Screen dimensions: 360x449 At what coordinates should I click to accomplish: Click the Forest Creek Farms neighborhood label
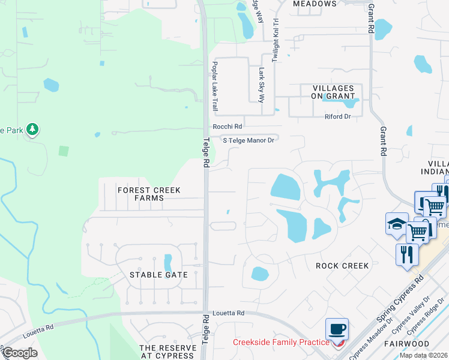point(149,194)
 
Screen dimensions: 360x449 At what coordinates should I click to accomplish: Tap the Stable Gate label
point(159,275)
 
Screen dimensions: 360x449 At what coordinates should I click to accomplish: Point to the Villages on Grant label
point(333,92)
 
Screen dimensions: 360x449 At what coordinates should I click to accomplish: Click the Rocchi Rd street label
point(228,127)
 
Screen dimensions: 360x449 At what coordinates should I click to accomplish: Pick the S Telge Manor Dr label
point(249,140)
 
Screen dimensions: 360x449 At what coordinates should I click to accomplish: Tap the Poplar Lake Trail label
point(214,85)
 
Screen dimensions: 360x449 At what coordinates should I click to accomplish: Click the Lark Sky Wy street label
point(262,85)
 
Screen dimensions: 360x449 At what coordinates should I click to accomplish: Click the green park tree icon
point(32,129)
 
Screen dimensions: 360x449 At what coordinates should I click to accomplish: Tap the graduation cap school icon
point(396,224)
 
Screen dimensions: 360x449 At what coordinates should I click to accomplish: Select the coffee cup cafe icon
point(337,329)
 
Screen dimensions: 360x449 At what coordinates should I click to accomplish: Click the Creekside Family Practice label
point(281,343)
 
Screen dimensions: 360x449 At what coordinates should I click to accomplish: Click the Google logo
point(19,352)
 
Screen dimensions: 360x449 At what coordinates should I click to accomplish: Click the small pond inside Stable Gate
point(169,263)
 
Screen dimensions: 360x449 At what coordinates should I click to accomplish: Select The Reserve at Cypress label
point(167,352)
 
